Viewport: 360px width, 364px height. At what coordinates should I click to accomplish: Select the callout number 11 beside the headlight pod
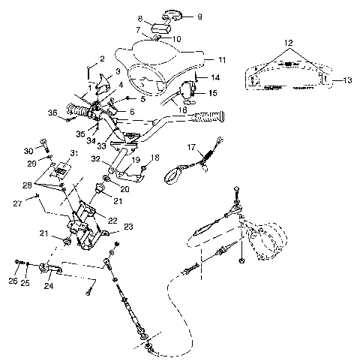coord(220,59)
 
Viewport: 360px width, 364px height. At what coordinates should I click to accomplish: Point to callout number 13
coord(347,80)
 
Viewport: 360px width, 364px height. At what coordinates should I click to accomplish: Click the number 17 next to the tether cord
coord(191,147)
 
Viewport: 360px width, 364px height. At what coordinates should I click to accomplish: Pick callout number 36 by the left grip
coord(52,113)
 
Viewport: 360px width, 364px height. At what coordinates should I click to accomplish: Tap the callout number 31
coord(73,153)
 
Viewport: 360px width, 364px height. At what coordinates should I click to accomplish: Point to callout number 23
coord(128,227)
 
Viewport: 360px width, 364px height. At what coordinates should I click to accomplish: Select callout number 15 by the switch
coord(211,94)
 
